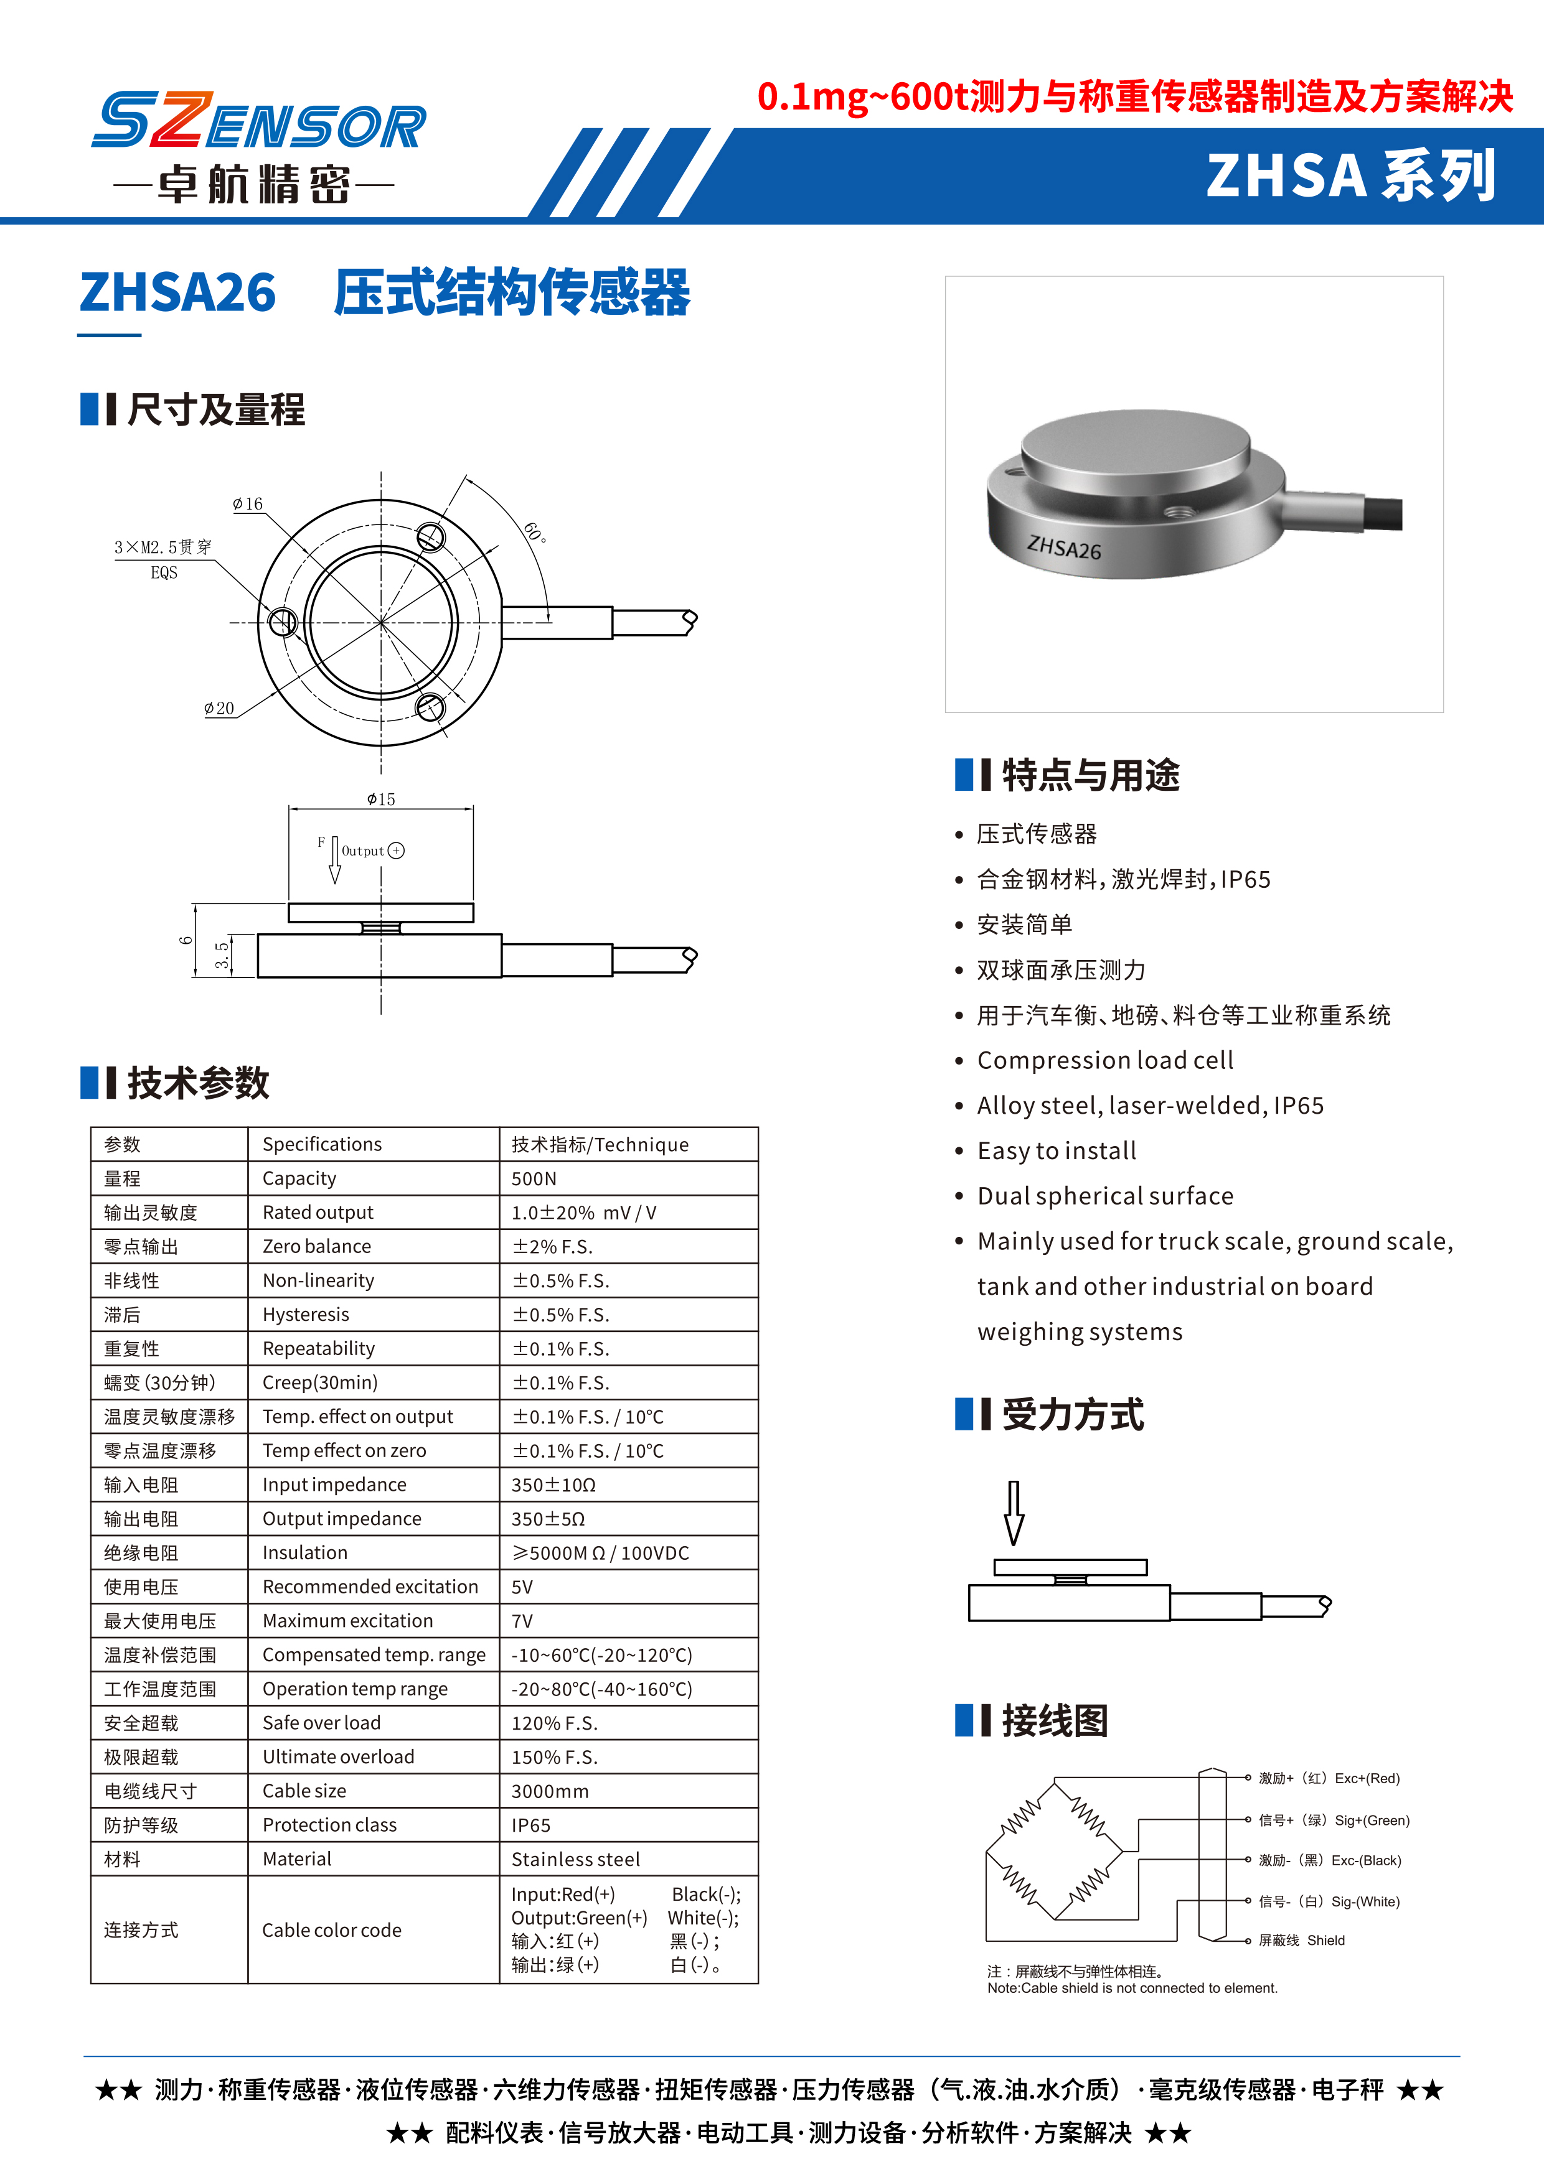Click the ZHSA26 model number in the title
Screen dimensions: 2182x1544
[178, 292]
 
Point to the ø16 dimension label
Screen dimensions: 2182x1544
[248, 504]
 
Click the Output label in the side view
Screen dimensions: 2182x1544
[363, 851]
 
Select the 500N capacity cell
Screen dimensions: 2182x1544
[534, 1178]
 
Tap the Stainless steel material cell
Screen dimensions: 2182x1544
[575, 1859]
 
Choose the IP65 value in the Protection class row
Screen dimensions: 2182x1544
[530, 1825]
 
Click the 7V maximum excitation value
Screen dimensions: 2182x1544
[522, 1620]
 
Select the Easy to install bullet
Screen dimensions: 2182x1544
[1057, 1151]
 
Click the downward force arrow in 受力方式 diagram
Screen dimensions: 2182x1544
[1014, 1512]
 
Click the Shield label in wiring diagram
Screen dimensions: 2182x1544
[1325, 1941]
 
